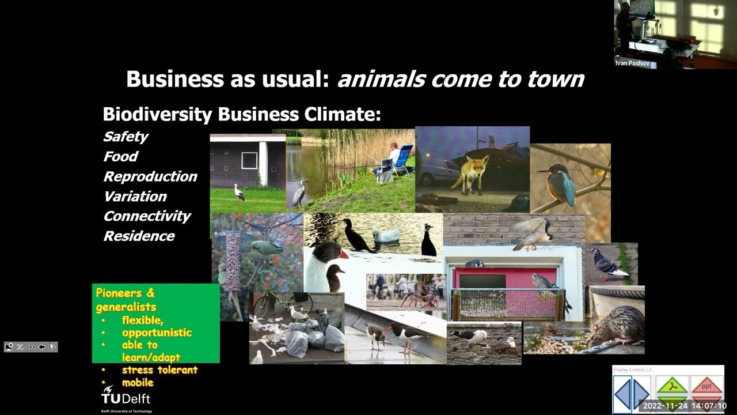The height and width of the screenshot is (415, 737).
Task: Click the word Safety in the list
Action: tap(126, 137)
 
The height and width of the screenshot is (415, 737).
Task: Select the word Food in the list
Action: tap(120, 157)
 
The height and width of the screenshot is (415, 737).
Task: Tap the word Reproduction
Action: tap(150, 176)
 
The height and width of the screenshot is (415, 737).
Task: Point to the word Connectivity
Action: tap(147, 216)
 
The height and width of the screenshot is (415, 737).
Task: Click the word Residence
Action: tap(139, 236)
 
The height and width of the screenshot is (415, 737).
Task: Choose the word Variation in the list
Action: tap(135, 197)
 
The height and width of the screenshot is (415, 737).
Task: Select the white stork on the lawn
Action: tap(239, 193)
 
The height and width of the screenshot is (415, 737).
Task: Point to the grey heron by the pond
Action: tap(299, 193)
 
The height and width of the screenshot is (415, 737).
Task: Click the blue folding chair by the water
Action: tap(402, 160)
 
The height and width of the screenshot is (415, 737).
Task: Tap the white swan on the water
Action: tap(386, 235)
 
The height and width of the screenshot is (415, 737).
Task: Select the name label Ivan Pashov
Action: tap(632, 63)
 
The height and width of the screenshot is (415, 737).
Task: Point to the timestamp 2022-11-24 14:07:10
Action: tap(684, 406)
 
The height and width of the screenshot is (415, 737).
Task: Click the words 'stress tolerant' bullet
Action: tap(159, 370)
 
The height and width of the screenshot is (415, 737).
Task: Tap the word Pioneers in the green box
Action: tap(119, 293)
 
